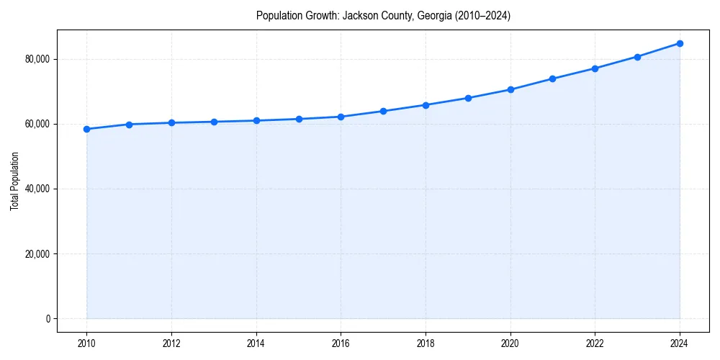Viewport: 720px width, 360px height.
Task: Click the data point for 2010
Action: [86, 129]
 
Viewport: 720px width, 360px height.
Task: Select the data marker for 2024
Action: [680, 43]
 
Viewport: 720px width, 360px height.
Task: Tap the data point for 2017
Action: [383, 111]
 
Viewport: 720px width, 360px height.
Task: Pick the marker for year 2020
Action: [510, 89]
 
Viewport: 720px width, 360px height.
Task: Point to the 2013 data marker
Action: [214, 122]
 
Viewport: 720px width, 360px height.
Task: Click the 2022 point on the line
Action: [595, 68]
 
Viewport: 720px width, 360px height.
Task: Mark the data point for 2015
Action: [299, 119]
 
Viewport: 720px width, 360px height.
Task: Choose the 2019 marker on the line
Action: [468, 98]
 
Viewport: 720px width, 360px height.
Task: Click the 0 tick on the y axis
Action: [48, 319]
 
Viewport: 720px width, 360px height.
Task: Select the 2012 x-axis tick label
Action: [171, 343]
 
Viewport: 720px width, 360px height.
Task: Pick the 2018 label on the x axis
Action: [426, 343]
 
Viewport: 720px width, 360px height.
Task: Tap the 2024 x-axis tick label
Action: [680, 343]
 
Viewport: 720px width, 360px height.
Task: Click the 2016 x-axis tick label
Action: [341, 343]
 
